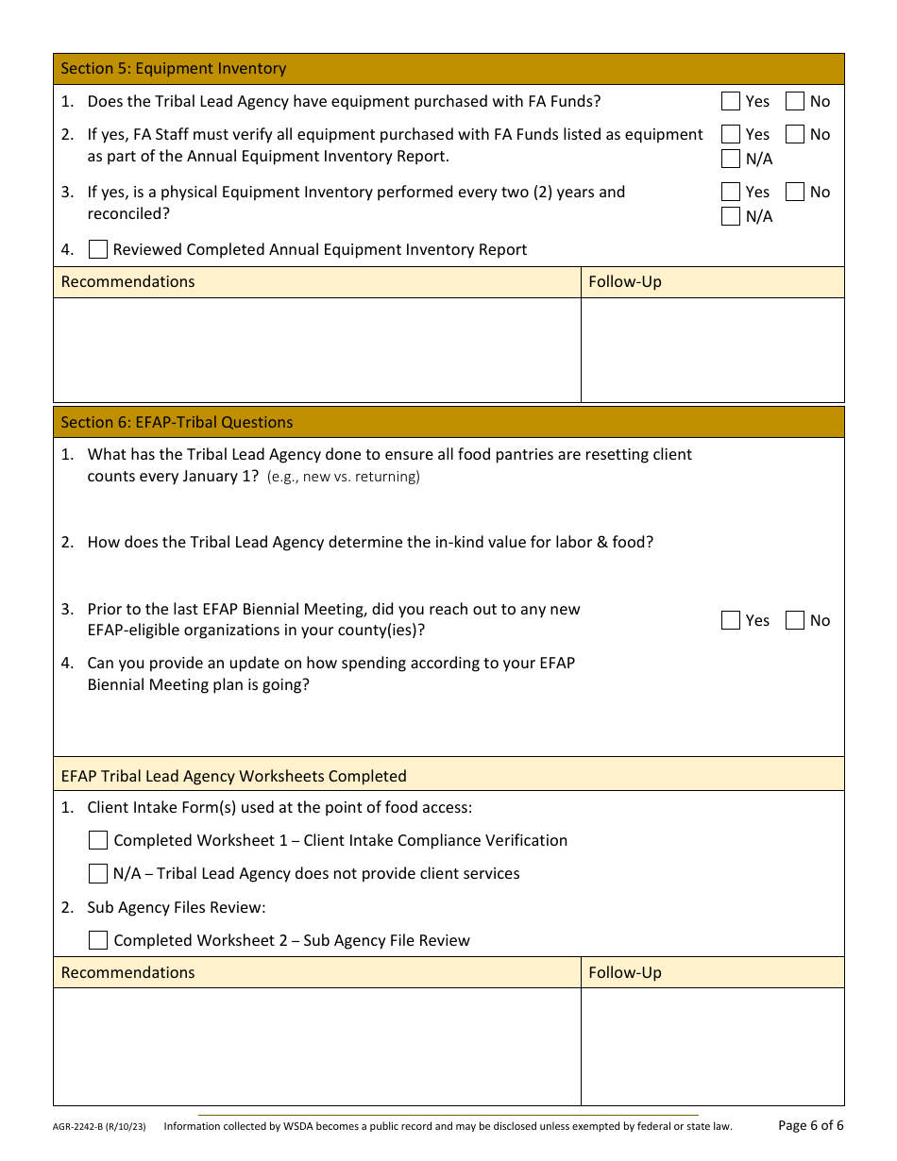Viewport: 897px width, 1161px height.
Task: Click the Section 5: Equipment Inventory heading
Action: pos(173,69)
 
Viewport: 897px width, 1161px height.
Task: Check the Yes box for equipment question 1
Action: pos(730,101)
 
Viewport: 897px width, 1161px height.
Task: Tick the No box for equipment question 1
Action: pos(795,101)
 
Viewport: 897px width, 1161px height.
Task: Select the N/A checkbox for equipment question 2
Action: pos(730,159)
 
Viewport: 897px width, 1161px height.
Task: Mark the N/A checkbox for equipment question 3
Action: pos(730,216)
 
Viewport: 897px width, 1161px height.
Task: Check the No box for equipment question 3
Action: pos(795,192)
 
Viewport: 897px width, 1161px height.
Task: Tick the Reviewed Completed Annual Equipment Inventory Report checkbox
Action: pos(97,249)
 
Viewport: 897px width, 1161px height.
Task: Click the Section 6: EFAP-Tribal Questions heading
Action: pos(177,422)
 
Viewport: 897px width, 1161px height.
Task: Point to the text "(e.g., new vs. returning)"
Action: pos(344,477)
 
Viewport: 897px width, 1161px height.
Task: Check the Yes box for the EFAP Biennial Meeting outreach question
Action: pos(730,620)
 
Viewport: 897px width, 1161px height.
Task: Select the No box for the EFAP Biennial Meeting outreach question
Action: pos(795,620)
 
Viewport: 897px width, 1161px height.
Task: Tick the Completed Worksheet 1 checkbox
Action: pos(97,840)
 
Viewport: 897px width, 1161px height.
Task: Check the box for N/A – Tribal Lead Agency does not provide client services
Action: pos(97,873)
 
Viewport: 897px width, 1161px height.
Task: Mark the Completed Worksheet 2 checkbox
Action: pos(97,940)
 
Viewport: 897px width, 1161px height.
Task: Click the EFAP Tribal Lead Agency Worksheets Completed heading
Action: pos(233,776)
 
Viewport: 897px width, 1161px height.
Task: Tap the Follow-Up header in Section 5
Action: pos(624,281)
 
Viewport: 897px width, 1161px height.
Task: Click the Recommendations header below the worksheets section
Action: pos(127,972)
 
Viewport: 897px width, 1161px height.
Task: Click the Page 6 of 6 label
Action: pos(810,1125)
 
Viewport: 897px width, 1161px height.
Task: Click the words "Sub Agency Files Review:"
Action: pos(177,907)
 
